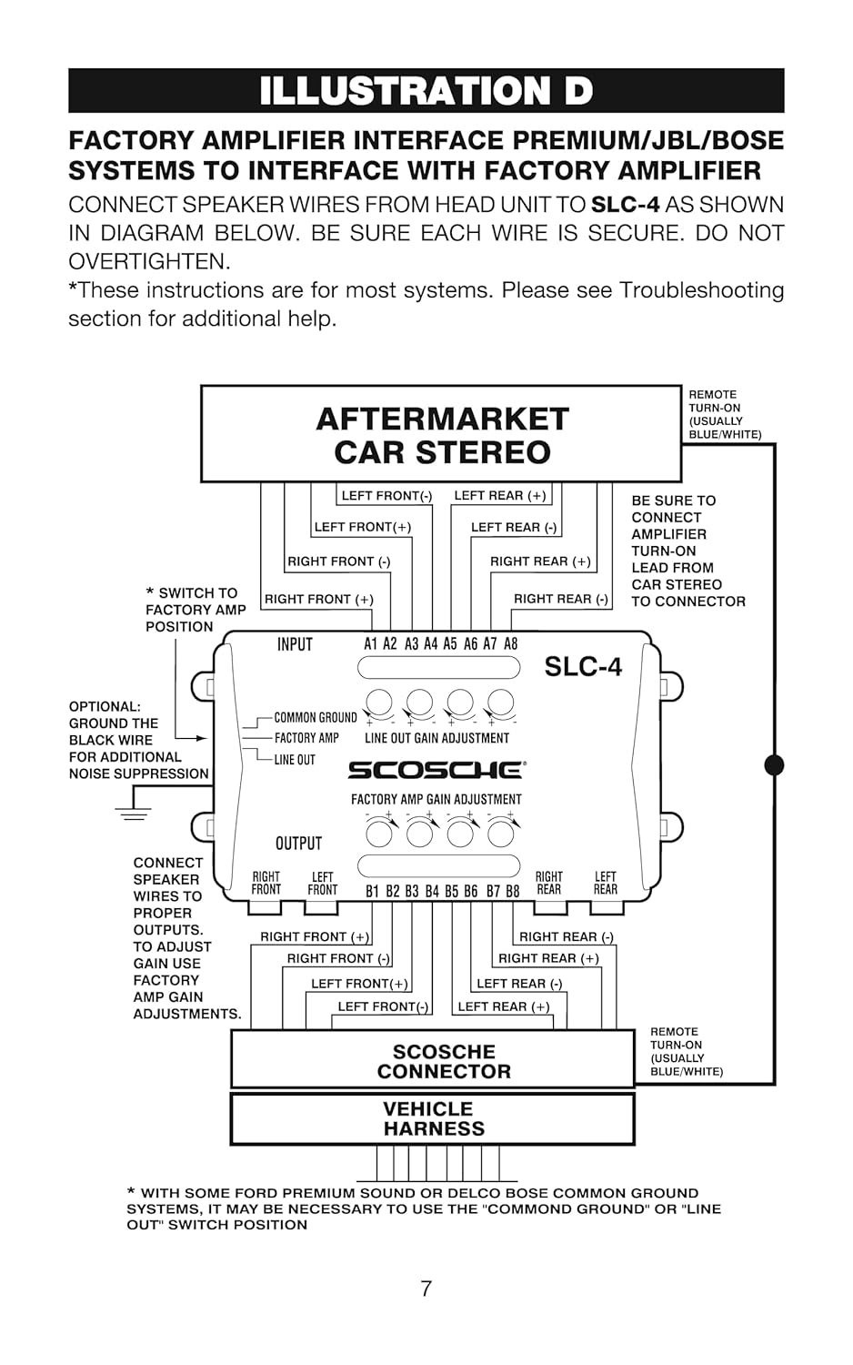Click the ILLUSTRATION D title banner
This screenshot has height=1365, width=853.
tap(426, 91)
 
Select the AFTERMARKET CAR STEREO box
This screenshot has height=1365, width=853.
tap(441, 434)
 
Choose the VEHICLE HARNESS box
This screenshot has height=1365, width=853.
tap(433, 1118)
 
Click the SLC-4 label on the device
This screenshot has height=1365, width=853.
tap(583, 667)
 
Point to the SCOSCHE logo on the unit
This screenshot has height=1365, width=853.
tap(436, 770)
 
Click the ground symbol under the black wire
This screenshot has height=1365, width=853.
tap(134, 813)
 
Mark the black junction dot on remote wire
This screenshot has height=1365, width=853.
tap(774, 764)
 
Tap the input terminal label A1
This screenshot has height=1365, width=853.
tap(371, 644)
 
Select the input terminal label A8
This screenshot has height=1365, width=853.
tap(511, 644)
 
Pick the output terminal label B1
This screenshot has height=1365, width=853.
tap(372, 891)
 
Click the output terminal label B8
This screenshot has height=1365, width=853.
tap(512, 891)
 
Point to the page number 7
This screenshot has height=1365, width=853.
tap(426, 1289)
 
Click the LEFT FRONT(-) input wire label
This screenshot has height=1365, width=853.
tap(386, 496)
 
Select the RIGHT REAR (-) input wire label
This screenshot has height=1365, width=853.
tap(561, 599)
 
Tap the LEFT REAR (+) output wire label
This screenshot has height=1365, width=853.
tap(504, 1006)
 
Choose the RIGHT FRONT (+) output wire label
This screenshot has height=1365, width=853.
tap(315, 936)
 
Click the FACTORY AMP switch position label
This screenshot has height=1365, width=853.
tap(306, 738)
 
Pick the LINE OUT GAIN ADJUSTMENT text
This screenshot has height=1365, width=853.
tap(437, 738)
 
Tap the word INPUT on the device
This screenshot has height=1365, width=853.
tap(295, 644)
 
